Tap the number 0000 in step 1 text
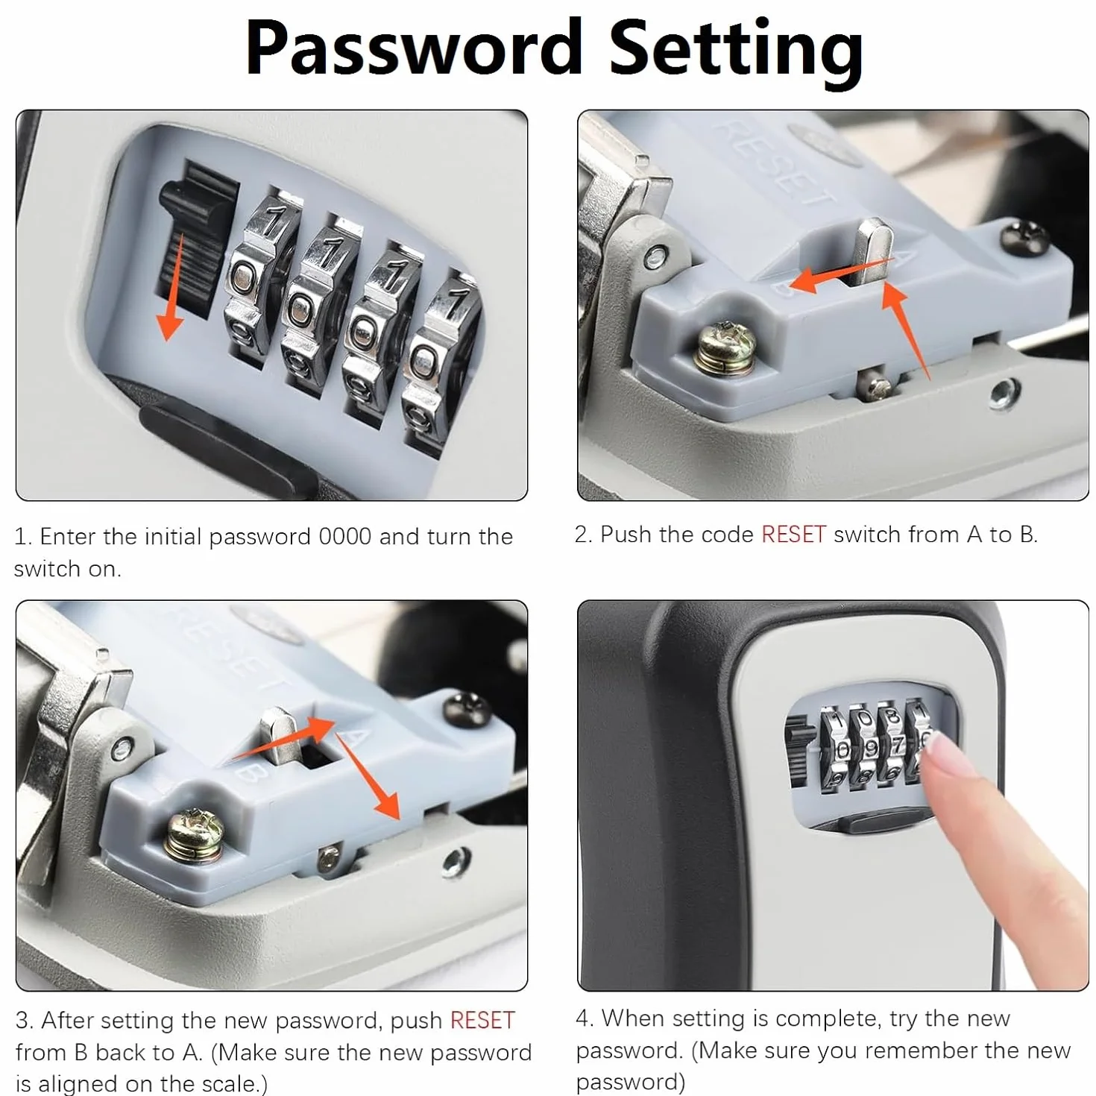coord(345,536)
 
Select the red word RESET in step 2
coord(793,535)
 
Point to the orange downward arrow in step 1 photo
coord(172,288)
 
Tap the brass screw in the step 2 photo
coord(726,348)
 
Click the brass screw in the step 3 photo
coord(195,834)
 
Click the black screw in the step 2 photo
coord(1024,237)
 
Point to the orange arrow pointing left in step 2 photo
coord(842,275)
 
